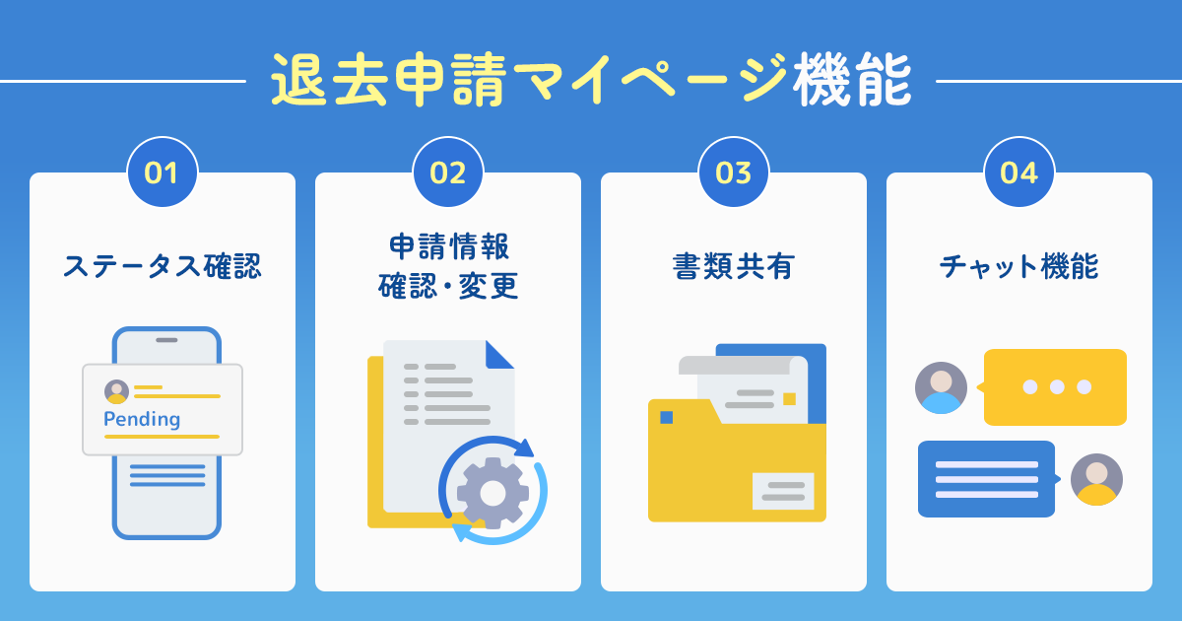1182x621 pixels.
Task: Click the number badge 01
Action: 163,172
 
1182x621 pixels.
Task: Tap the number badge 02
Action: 448,172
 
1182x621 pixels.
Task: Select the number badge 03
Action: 734,172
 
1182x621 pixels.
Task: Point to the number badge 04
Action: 1019,172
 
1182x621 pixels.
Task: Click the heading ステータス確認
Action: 163,266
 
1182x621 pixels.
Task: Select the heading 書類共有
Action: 734,266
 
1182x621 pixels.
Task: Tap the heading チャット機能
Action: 1019,266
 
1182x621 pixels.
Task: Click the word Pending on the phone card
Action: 142,419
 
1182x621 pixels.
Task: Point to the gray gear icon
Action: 492,493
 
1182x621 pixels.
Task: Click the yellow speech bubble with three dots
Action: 1055,387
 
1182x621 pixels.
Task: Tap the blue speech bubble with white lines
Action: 988,479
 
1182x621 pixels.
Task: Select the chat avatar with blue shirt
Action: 941,387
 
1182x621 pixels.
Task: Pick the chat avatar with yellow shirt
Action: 1096,479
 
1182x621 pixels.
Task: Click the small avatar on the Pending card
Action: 116,392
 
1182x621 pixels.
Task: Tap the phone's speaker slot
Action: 166,340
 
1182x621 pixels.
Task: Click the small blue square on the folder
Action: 667,417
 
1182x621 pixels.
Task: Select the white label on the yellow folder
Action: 783,491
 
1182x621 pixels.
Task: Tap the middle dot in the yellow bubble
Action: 1057,387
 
